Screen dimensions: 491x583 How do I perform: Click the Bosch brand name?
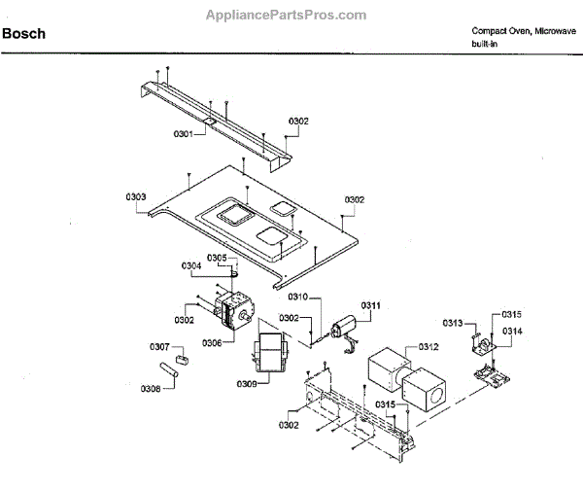point(23,34)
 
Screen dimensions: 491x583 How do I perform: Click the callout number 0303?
point(135,196)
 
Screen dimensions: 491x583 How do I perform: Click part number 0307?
point(159,347)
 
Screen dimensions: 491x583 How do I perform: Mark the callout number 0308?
point(151,388)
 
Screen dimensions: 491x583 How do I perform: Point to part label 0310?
point(297,296)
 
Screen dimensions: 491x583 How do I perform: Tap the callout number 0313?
point(453,323)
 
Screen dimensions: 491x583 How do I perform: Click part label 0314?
point(512,332)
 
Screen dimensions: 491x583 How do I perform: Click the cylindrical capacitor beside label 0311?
point(346,328)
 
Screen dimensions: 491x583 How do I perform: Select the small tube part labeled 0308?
point(167,370)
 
